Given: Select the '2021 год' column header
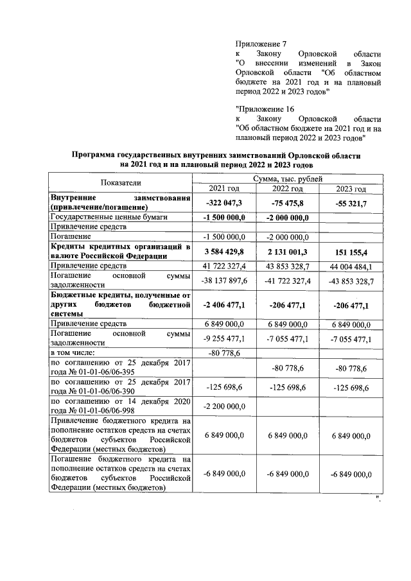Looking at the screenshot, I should click(224, 188).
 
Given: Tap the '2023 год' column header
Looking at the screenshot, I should click(351, 188).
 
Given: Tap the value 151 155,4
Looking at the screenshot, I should click(351, 252).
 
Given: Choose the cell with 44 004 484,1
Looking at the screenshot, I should click(351, 266).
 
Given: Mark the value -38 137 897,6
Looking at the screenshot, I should click(224, 280).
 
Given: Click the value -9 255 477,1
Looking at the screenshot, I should click(224, 338).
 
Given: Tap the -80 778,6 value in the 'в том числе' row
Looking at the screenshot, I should click(224, 352).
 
